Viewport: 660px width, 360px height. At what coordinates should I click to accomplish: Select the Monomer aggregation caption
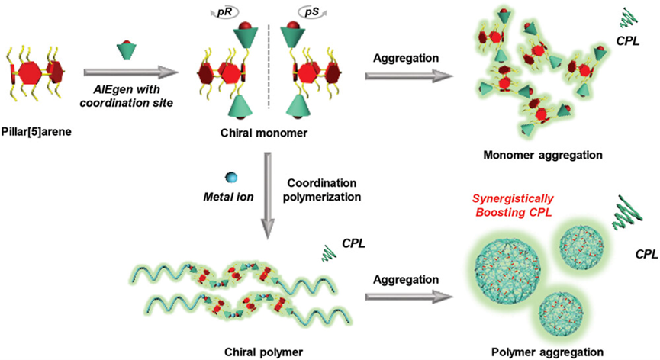(544, 154)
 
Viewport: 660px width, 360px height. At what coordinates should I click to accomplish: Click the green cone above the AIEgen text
(124, 51)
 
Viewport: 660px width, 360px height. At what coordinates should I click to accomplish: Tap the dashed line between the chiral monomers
(256, 76)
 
